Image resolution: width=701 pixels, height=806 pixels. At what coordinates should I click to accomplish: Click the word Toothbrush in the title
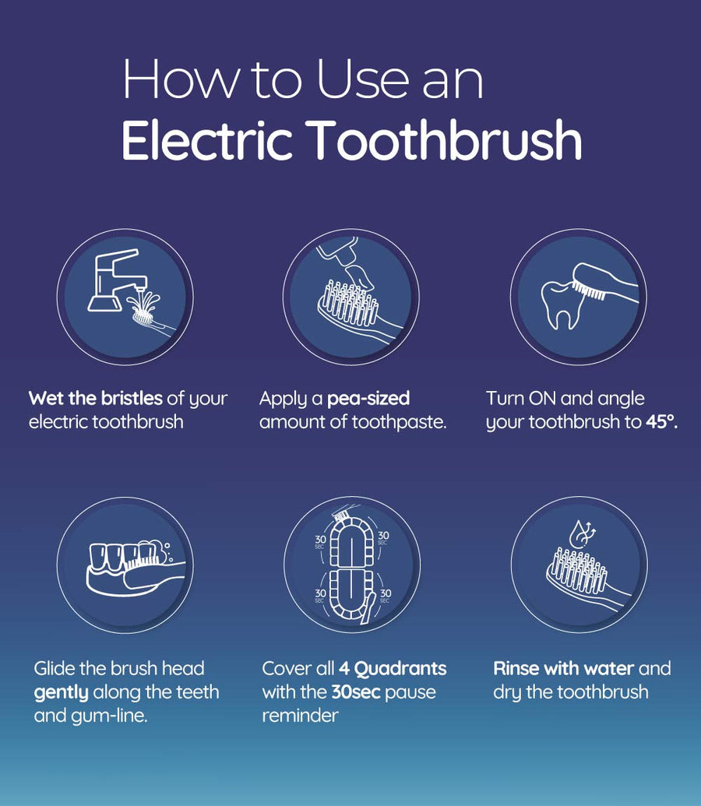(x=446, y=139)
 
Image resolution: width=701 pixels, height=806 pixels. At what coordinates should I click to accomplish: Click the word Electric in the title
(x=207, y=139)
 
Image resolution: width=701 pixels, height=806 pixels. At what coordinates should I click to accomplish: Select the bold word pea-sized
(x=368, y=399)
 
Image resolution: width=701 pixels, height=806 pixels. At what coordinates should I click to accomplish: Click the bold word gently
(x=62, y=693)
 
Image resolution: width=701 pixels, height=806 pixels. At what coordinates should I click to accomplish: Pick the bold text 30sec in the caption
(x=356, y=692)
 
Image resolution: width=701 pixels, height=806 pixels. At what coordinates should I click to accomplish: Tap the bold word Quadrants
(x=400, y=668)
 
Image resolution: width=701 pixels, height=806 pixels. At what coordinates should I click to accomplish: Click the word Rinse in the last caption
(x=516, y=668)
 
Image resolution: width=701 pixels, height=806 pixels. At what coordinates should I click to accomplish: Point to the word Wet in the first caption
(x=47, y=399)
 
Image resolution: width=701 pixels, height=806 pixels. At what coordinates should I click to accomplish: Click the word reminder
(x=301, y=716)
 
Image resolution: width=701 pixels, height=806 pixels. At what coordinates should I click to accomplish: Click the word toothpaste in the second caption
(x=399, y=422)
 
